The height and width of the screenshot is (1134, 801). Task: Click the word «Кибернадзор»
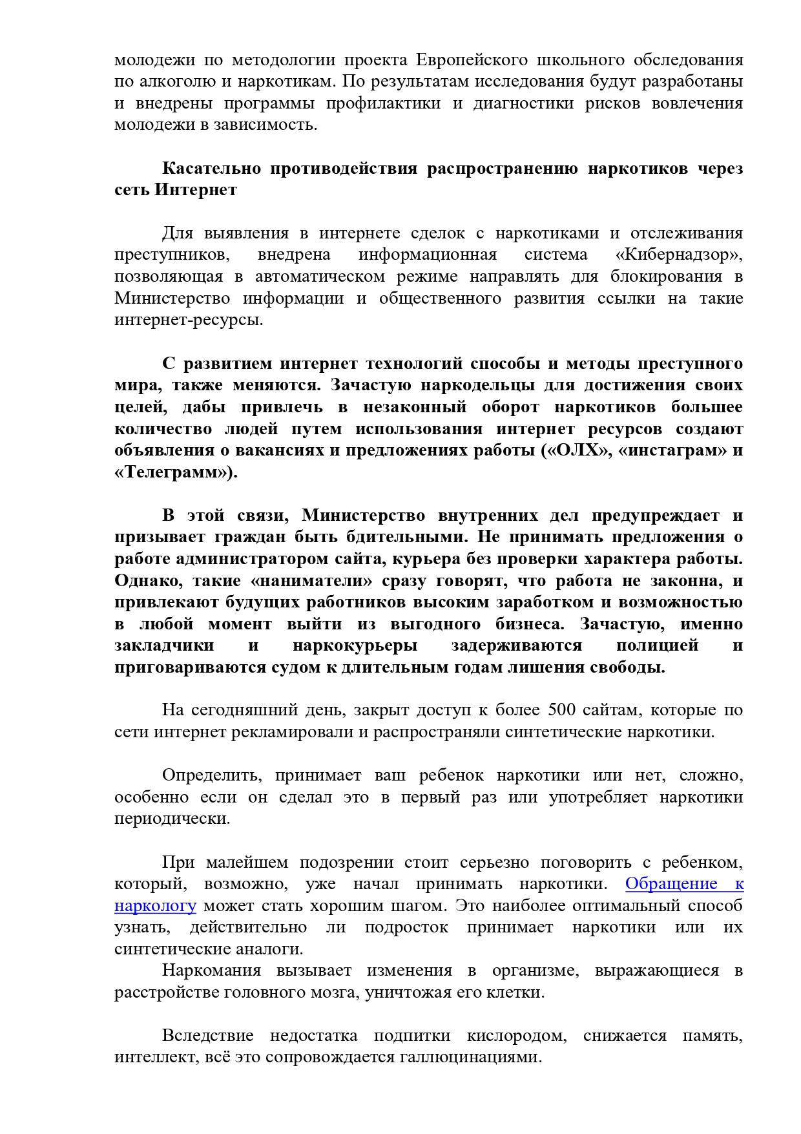coord(679,255)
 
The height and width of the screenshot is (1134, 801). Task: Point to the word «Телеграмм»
coord(172,472)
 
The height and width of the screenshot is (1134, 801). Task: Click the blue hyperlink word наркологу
coord(155,906)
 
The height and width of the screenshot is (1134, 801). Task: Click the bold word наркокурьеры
coord(355,646)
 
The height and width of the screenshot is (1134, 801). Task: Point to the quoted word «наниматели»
coord(314,581)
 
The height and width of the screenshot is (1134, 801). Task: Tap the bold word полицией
coord(657,646)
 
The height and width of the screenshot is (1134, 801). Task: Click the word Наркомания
coord(211,971)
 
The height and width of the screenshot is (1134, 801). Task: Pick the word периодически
coord(172,819)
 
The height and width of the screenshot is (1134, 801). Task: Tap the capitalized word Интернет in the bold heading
coord(196,190)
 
